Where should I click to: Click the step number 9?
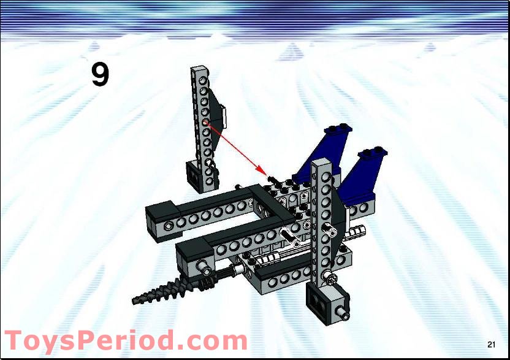click(100, 75)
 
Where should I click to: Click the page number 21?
click(492, 342)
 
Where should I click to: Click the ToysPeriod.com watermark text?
click(126, 341)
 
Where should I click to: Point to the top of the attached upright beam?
click(321, 164)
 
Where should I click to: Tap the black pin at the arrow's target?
click(272, 178)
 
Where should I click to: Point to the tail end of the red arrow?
click(207, 123)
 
